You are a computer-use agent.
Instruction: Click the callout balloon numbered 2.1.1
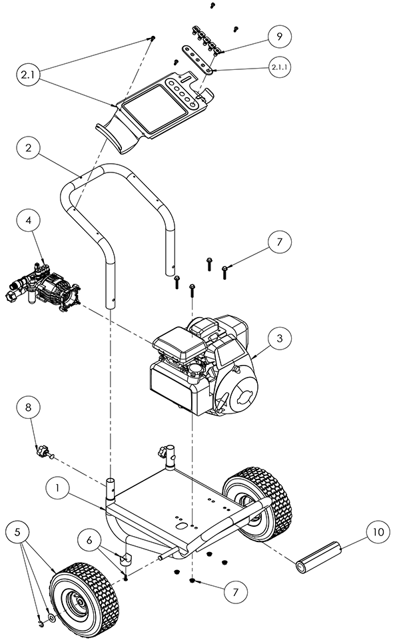pyautogui.click(x=280, y=67)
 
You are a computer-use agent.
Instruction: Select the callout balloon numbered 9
pyautogui.click(x=280, y=37)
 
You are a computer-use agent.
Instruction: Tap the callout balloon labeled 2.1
pyautogui.click(x=28, y=75)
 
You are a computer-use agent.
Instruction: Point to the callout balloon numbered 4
pyautogui.click(x=28, y=220)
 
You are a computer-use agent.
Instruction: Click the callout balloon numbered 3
pyautogui.click(x=280, y=338)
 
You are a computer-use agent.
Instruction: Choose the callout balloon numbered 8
pyautogui.click(x=28, y=408)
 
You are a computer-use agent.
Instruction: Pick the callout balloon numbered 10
pyautogui.click(x=378, y=532)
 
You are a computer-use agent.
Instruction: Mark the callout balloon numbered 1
pyautogui.click(x=57, y=488)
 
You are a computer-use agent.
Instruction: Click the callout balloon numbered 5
pyautogui.click(x=17, y=532)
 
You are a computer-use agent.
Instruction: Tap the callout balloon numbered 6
pyautogui.click(x=89, y=541)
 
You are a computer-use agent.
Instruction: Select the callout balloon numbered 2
pyautogui.click(x=28, y=147)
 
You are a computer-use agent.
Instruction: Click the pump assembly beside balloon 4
pyautogui.click(x=43, y=288)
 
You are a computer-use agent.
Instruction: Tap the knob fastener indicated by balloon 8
pyautogui.click(x=45, y=453)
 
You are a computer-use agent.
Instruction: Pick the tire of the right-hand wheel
pyautogui.click(x=258, y=502)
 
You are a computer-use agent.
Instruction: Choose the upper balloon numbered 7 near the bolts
pyautogui.click(x=280, y=242)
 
